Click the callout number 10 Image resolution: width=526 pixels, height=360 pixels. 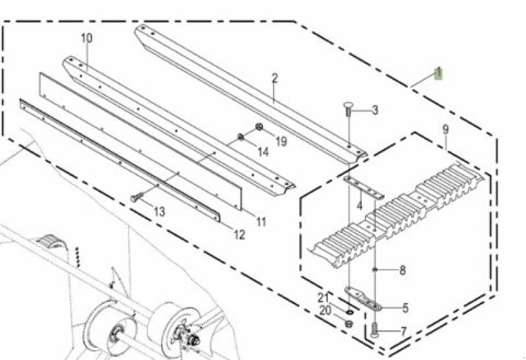pos(87,38)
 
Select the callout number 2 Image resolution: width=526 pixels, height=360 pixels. pos(274,78)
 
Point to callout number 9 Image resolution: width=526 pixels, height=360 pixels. pos(445,129)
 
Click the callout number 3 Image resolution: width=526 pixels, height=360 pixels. pos(374,110)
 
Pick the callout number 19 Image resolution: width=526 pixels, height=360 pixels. pos(281,141)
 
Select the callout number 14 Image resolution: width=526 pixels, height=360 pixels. pos(262,152)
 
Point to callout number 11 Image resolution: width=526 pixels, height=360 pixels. pos(261,222)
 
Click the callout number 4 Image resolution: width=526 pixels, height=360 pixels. pos(359,206)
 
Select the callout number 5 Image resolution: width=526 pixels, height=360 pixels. pos(406,307)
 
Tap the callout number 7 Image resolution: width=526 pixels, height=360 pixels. pos(403,332)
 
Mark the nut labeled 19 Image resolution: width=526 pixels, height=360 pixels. pos(260,127)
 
